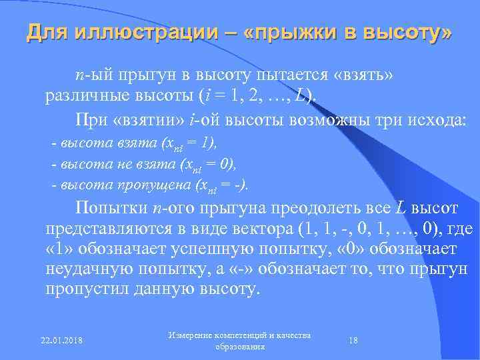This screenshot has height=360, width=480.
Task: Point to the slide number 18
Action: (x=353, y=341)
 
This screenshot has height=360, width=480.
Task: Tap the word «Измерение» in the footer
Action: (x=193, y=335)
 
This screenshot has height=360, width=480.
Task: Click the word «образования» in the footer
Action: (x=241, y=347)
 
